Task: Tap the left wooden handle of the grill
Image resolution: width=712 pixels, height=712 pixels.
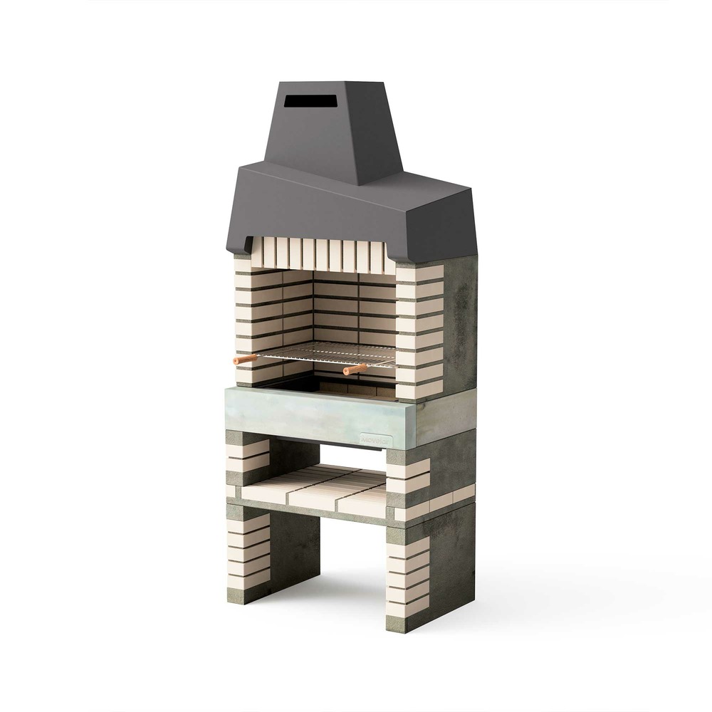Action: click(x=245, y=360)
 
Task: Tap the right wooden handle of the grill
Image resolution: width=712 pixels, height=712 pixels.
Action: click(x=355, y=370)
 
